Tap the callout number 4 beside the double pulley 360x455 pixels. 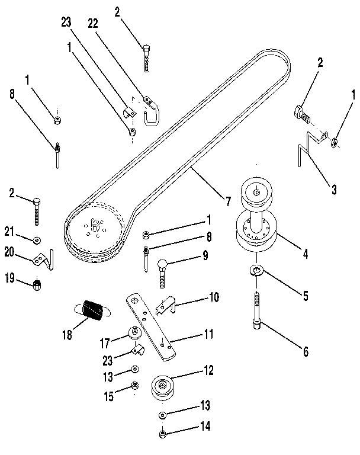[305, 255]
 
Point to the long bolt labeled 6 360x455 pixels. [256, 310]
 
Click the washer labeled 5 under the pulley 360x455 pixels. [256, 271]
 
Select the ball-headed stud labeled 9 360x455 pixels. [161, 270]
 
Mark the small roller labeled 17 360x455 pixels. [134, 333]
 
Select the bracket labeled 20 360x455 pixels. [42, 258]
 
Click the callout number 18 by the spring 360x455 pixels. [66, 335]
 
